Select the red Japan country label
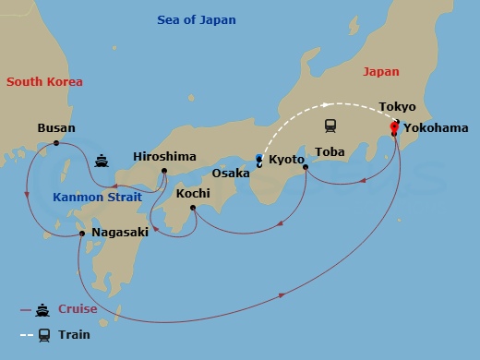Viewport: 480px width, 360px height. click(x=381, y=71)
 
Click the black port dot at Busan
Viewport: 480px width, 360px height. click(x=56, y=143)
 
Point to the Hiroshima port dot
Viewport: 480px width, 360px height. click(x=164, y=171)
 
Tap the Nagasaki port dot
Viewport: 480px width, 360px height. click(x=82, y=233)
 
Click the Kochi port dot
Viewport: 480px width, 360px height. click(x=193, y=208)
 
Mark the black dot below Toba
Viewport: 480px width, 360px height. click(x=306, y=169)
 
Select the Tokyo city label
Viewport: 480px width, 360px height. click(x=397, y=107)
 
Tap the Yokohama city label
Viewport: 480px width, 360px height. click(x=435, y=128)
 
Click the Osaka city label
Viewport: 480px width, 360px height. click(x=231, y=173)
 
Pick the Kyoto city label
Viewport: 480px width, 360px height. click(x=286, y=160)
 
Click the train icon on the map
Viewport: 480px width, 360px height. click(x=330, y=125)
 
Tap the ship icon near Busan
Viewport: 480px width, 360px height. click(x=101, y=161)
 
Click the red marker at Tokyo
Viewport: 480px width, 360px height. click(x=394, y=126)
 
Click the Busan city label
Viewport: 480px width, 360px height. click(x=56, y=128)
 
